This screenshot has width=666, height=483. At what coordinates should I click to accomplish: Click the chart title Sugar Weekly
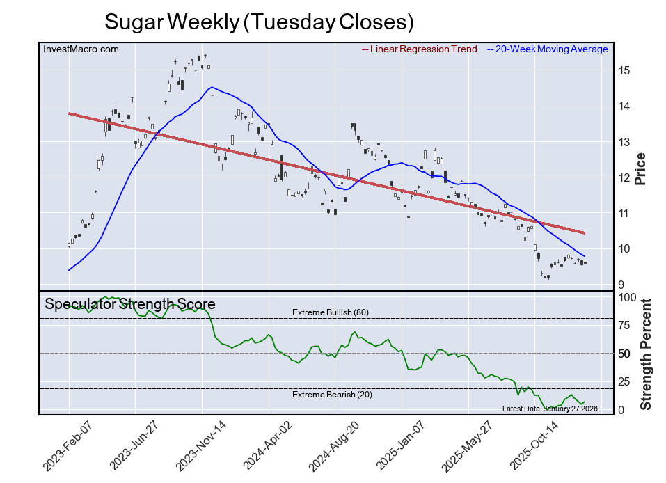coord(259,22)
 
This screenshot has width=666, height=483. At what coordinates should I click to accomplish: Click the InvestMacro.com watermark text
coord(81,49)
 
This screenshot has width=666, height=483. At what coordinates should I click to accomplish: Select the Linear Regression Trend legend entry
coord(420,49)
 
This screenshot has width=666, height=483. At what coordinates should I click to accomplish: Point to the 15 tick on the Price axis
coord(624,70)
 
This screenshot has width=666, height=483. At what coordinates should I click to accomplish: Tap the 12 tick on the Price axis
coord(624,177)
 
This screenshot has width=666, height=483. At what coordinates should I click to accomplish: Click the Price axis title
coord(640,168)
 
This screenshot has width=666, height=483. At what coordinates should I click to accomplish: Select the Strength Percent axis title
coord(646,354)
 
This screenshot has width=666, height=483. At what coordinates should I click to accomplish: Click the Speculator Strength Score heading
coord(130,304)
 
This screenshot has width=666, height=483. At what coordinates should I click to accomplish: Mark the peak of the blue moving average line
coord(212,87)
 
